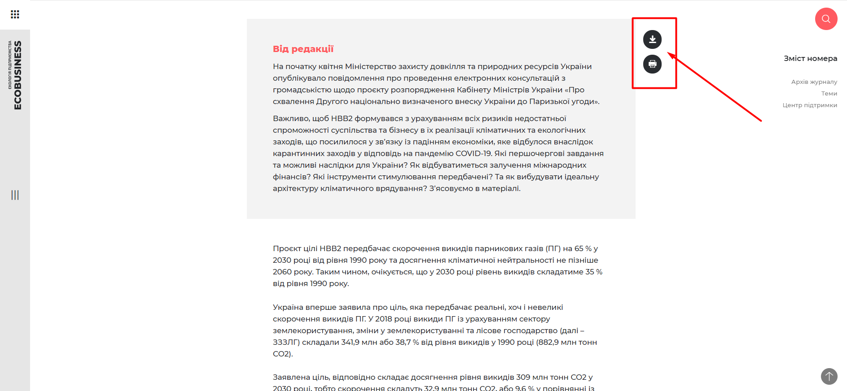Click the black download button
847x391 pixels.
coord(652,39)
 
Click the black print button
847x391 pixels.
coord(652,64)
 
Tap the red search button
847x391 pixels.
coord(826,19)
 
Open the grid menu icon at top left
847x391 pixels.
coord(15,14)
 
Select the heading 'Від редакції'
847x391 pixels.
coord(303,49)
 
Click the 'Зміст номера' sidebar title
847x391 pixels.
coord(810,58)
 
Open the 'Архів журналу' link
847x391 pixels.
coord(814,82)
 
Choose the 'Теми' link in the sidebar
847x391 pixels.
coord(829,93)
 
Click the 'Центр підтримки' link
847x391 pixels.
coord(809,105)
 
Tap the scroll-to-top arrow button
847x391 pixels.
coord(829,376)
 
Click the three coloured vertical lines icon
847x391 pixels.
coord(15,195)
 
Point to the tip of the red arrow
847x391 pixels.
coord(668,53)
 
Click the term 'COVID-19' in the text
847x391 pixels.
coord(474,153)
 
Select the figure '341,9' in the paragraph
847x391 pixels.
coord(350,342)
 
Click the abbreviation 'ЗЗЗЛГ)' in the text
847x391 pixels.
coord(286,342)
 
